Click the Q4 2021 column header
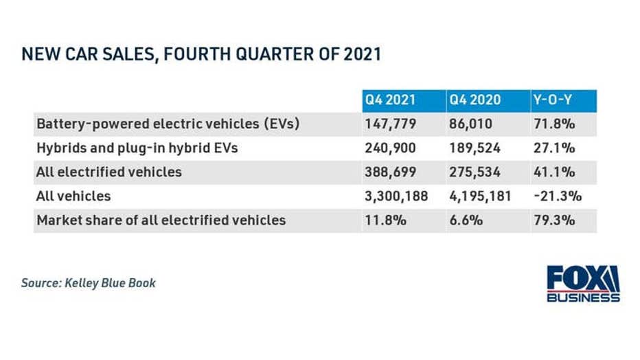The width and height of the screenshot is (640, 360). [391, 100]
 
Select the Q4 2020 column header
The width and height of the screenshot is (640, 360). [475, 100]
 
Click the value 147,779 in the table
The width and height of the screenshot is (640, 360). [390, 124]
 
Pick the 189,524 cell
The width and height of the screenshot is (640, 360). [475, 148]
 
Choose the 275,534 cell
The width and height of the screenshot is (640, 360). [475, 172]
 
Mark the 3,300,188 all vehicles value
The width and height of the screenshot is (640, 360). [397, 196]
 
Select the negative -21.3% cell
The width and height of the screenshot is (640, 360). [557, 196]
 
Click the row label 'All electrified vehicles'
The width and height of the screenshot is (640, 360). [109, 172]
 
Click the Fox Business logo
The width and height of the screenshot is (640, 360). [583, 283]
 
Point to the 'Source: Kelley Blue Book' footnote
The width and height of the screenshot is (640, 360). [89, 282]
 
